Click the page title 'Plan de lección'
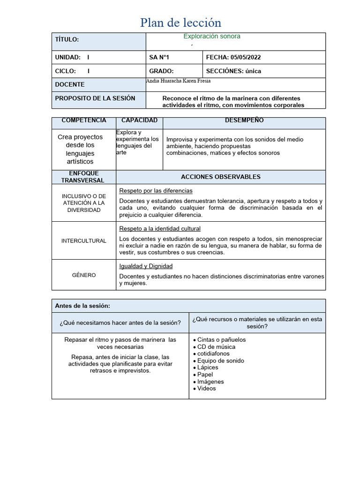click(181, 22)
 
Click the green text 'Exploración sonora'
click(212, 36)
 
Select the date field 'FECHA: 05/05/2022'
click(233, 58)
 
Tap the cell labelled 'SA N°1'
click(159, 58)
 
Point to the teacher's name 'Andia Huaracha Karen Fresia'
click(179, 81)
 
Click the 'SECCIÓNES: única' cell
click(233, 71)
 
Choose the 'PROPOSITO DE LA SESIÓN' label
click(95, 98)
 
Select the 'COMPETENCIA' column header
click(84, 120)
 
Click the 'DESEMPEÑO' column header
click(244, 120)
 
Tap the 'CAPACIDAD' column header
click(139, 120)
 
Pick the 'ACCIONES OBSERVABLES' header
click(221, 177)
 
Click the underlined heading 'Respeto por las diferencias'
click(156, 191)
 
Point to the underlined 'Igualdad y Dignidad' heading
click(146, 266)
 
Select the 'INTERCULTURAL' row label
click(84, 241)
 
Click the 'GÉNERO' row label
click(84, 275)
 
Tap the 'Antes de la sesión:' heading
click(82, 306)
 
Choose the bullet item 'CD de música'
click(216, 347)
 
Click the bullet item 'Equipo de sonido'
click(220, 361)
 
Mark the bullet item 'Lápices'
click(208, 368)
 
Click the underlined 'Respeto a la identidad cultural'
click(160, 229)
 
